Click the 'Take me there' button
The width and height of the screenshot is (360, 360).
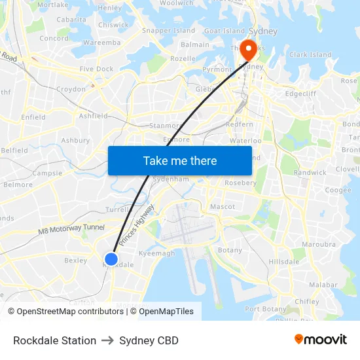(180, 160)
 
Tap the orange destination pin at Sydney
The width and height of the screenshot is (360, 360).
(248, 49)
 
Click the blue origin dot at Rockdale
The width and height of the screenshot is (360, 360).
(111, 259)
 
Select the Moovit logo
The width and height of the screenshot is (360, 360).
(321, 340)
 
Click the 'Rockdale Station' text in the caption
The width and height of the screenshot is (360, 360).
(54, 340)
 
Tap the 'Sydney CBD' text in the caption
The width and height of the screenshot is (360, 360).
(149, 340)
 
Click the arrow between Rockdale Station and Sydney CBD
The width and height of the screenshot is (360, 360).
(107, 340)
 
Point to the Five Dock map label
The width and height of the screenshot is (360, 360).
(96, 69)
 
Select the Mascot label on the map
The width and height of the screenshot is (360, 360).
(222, 207)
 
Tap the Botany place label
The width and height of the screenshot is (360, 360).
(230, 250)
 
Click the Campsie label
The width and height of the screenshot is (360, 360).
(47, 173)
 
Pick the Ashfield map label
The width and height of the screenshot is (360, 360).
(93, 116)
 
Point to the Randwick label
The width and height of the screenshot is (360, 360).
(310, 173)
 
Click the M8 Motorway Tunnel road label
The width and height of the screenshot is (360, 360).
(71, 229)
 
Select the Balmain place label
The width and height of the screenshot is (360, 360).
(195, 45)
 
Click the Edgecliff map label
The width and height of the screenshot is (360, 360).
(300, 94)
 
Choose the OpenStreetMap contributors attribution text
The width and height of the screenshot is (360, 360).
(69, 312)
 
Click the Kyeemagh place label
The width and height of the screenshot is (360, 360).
(157, 253)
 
